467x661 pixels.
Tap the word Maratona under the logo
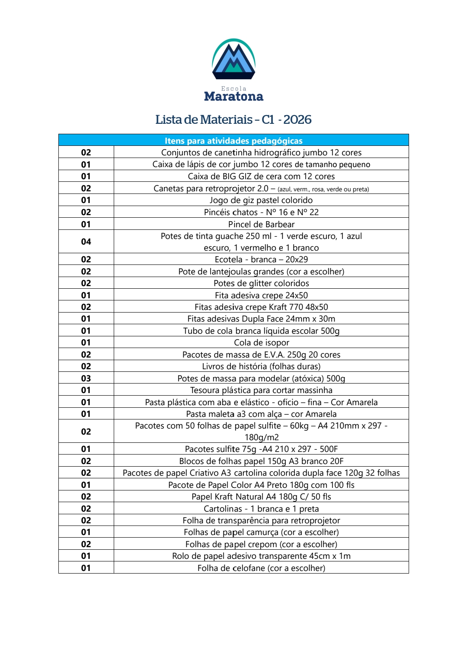pyautogui.click(x=233, y=97)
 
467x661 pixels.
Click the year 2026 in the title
pyautogui.click(x=297, y=119)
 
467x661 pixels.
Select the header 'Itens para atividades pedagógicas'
pyautogui.click(x=233, y=141)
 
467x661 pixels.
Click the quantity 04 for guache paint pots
pyautogui.click(x=86, y=242)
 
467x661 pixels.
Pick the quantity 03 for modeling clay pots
pyautogui.click(x=86, y=378)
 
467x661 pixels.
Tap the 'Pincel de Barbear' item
pyautogui.click(x=261, y=224)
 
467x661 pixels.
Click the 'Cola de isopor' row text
pyautogui.click(x=261, y=342)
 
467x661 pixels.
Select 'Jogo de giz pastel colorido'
pyautogui.click(x=261, y=200)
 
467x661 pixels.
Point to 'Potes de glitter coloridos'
pyautogui.click(x=261, y=283)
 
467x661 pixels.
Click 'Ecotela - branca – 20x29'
pyautogui.click(x=261, y=259)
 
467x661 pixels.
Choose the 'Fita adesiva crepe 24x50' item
pyautogui.click(x=261, y=295)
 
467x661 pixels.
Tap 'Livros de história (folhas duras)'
pyautogui.click(x=261, y=366)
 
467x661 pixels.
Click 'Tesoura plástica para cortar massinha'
pyautogui.click(x=261, y=390)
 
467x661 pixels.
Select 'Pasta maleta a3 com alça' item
pyautogui.click(x=261, y=414)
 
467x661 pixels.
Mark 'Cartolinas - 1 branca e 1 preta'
pyautogui.click(x=261, y=509)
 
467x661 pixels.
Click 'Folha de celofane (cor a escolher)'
pyautogui.click(x=261, y=568)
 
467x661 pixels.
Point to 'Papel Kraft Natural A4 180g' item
pyautogui.click(x=261, y=497)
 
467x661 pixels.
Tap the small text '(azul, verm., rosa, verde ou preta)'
pyautogui.click(x=323, y=189)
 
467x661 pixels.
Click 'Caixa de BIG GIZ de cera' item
pyautogui.click(x=261, y=176)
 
